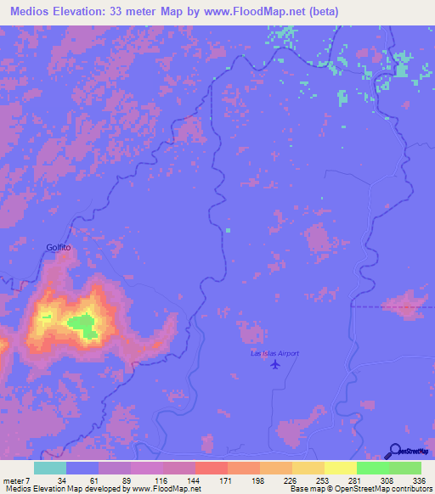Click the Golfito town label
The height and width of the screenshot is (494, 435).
pos(59,247)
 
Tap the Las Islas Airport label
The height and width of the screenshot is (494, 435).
pos(274,353)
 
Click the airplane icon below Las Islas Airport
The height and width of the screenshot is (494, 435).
pos(274,363)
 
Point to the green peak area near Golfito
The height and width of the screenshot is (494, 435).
pos(82,323)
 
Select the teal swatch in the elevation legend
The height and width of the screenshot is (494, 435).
pos(50,468)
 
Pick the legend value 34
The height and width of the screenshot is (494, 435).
pos(62,480)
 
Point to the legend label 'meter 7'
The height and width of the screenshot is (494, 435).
pos(16,480)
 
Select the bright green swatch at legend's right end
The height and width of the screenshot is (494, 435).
pos(404,468)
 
